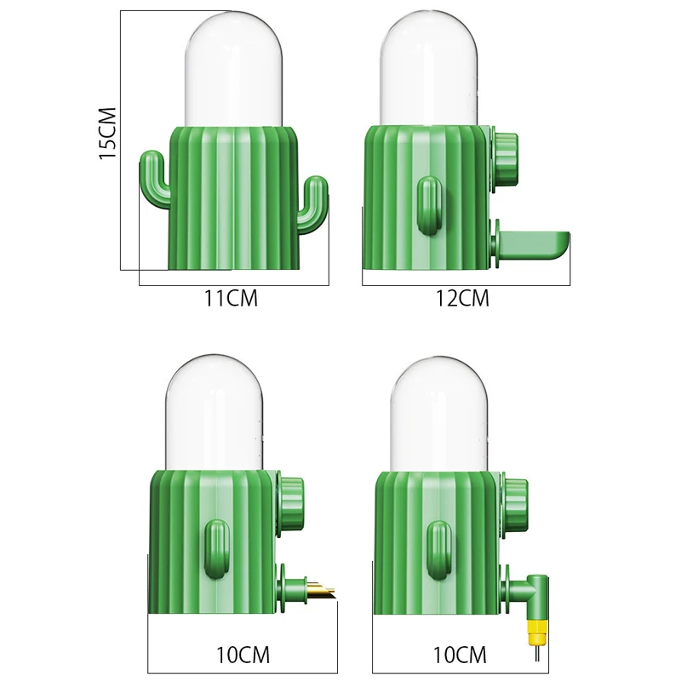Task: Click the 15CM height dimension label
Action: coord(108,134)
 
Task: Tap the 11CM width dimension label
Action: coord(231,299)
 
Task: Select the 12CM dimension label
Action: coord(462,299)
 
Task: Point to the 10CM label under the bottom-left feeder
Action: coord(243,655)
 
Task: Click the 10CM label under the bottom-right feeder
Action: coord(460,655)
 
